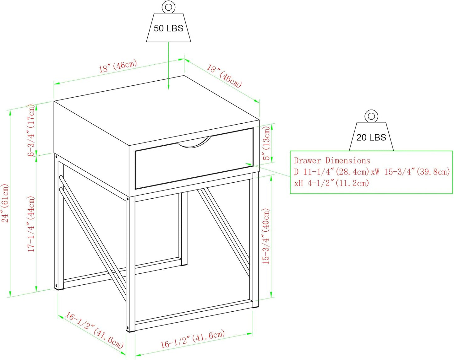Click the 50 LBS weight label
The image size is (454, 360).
168,28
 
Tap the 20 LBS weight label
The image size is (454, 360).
371,137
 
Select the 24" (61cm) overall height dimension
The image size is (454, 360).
5,203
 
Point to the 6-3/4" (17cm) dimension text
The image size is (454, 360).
31,130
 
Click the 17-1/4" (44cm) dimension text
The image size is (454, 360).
31,224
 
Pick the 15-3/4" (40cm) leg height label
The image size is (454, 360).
266,236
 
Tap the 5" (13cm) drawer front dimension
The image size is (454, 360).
267,143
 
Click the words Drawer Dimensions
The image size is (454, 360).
332,161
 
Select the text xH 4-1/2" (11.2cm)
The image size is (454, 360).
332,183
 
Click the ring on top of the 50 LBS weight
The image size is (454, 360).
168,8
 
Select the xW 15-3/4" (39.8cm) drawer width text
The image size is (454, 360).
411,172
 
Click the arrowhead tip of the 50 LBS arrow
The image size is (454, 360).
168,89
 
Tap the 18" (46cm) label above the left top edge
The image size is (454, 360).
118,66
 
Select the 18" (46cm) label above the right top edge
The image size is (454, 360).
224,76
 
